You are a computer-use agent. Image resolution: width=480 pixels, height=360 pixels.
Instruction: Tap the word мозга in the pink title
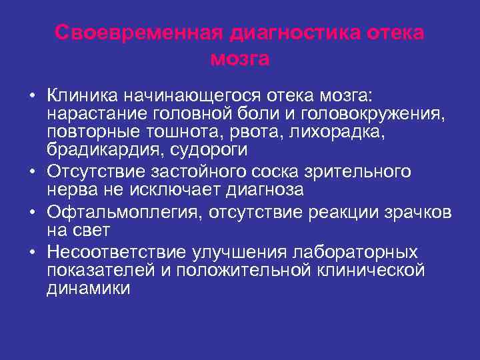[240, 59]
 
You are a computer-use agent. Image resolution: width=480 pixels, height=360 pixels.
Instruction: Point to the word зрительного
[355, 171]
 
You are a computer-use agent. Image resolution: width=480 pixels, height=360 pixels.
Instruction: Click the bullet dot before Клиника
[32, 93]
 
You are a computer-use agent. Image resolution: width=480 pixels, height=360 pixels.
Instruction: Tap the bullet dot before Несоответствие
[32, 253]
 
